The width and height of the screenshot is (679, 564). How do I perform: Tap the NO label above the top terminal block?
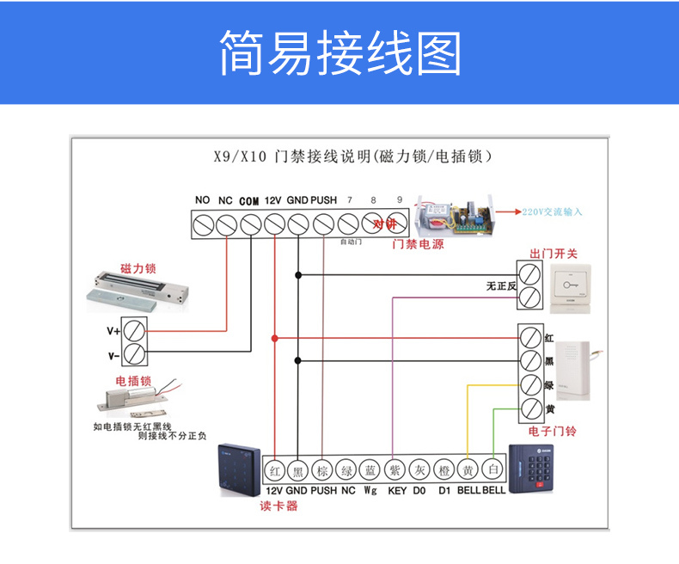click(203, 200)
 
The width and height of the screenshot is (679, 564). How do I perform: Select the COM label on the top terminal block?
click(249, 201)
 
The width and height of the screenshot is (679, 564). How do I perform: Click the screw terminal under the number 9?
click(395, 225)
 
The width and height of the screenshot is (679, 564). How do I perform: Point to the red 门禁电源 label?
click(418, 245)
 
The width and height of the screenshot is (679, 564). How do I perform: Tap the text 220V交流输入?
click(552, 211)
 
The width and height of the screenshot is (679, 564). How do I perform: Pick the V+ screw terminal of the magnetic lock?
click(135, 330)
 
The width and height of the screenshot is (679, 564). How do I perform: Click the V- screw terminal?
click(135, 353)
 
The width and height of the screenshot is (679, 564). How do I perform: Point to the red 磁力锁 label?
click(138, 268)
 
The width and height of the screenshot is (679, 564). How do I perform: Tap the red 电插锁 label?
click(133, 380)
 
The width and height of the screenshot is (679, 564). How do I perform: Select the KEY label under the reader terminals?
click(396, 490)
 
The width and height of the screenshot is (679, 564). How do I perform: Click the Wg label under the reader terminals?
click(370, 490)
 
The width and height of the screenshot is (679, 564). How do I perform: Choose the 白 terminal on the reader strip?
click(493, 470)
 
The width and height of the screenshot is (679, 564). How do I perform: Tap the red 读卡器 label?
click(278, 506)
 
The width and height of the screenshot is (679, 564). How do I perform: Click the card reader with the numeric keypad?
click(537, 479)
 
